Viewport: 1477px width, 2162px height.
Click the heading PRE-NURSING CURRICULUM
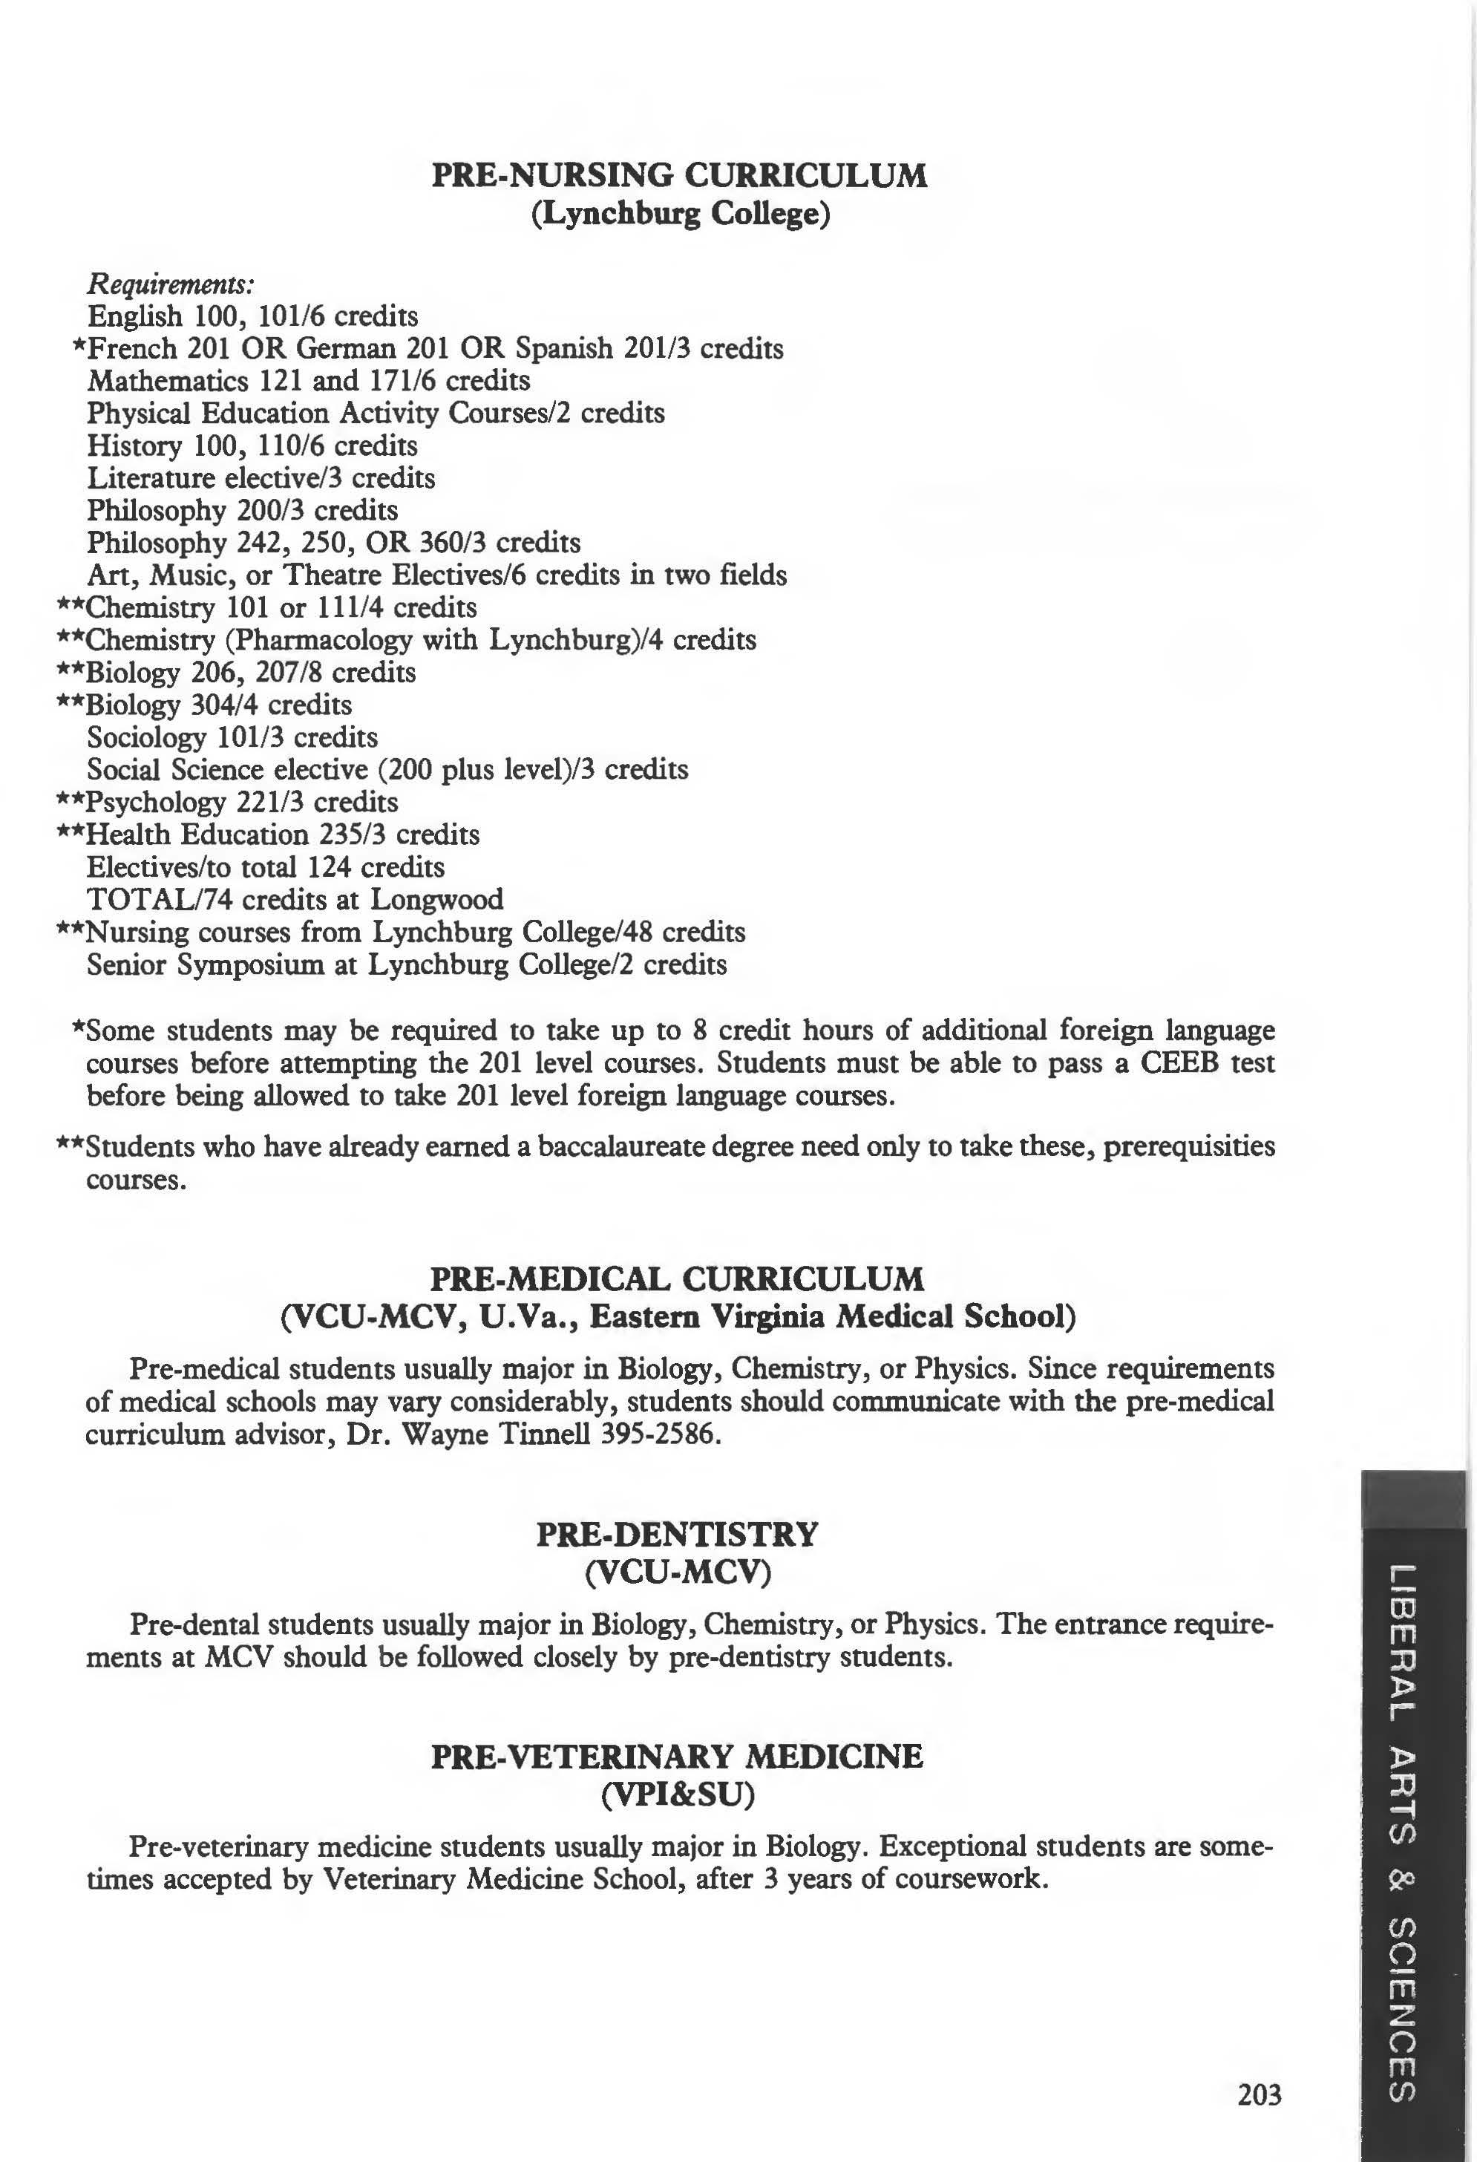click(679, 175)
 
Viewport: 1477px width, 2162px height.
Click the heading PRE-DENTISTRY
click(677, 1534)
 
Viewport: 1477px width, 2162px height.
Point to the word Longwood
click(437, 900)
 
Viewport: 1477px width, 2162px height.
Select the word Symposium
click(249, 964)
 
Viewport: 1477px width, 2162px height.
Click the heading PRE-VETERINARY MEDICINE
click(677, 1757)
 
